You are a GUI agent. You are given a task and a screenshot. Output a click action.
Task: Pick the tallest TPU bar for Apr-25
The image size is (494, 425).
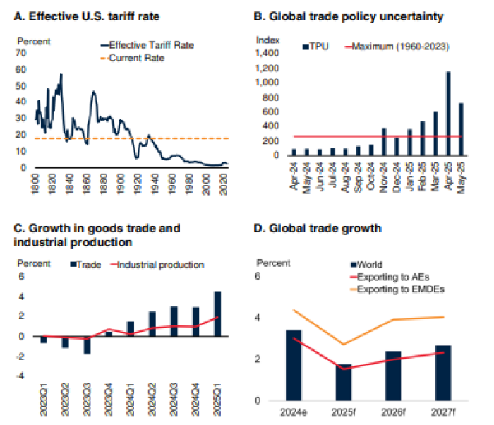pyautogui.click(x=448, y=113)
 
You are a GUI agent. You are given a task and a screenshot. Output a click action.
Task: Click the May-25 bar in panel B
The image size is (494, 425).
pyautogui.click(x=461, y=128)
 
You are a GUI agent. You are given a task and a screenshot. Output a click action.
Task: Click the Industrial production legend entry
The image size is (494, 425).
pyautogui.click(x=159, y=265)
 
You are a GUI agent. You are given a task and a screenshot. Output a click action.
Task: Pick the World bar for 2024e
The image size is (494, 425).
pyautogui.click(x=294, y=365)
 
